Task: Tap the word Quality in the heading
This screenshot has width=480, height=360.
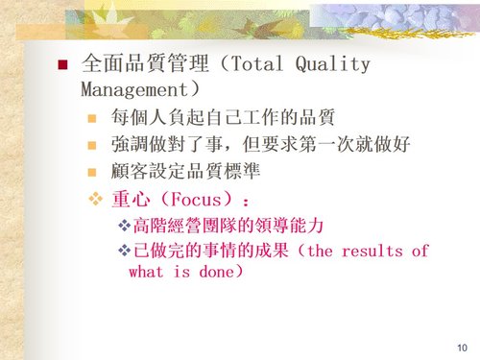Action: click(334, 65)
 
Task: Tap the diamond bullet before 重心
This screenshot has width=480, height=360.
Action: click(94, 201)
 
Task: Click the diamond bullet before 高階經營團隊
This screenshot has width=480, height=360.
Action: click(122, 227)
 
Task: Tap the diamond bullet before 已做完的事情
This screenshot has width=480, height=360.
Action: click(122, 252)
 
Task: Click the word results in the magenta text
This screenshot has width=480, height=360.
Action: click(372, 252)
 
